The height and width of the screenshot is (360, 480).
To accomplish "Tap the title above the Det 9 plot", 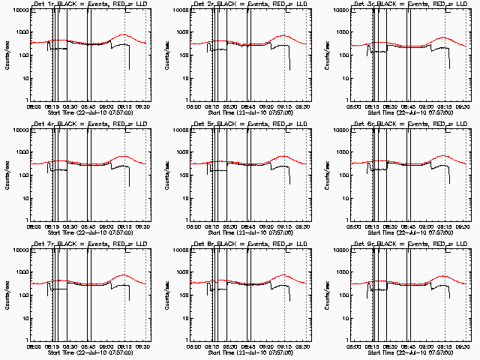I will point(409,244).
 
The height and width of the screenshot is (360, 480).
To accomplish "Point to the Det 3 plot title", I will point(409,4).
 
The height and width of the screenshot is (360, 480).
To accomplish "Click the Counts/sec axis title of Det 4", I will point(7,175).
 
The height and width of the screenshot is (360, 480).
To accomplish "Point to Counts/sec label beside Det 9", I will point(326,295).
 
